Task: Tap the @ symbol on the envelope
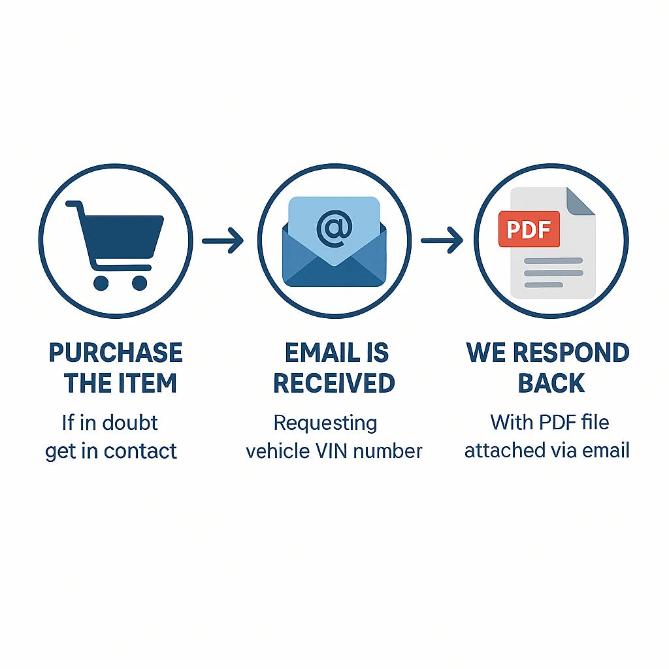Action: point(334,228)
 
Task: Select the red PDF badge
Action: point(529,229)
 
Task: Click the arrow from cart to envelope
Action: point(223,240)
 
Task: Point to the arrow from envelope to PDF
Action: point(442,240)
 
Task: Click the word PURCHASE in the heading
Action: point(116,353)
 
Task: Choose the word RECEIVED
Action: point(334,383)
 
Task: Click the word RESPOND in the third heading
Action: point(571,353)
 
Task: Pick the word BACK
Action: point(551,383)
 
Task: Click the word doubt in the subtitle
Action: point(130,423)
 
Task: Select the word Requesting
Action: point(325,423)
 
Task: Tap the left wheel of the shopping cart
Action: point(101,283)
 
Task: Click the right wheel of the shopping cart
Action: point(140,283)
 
